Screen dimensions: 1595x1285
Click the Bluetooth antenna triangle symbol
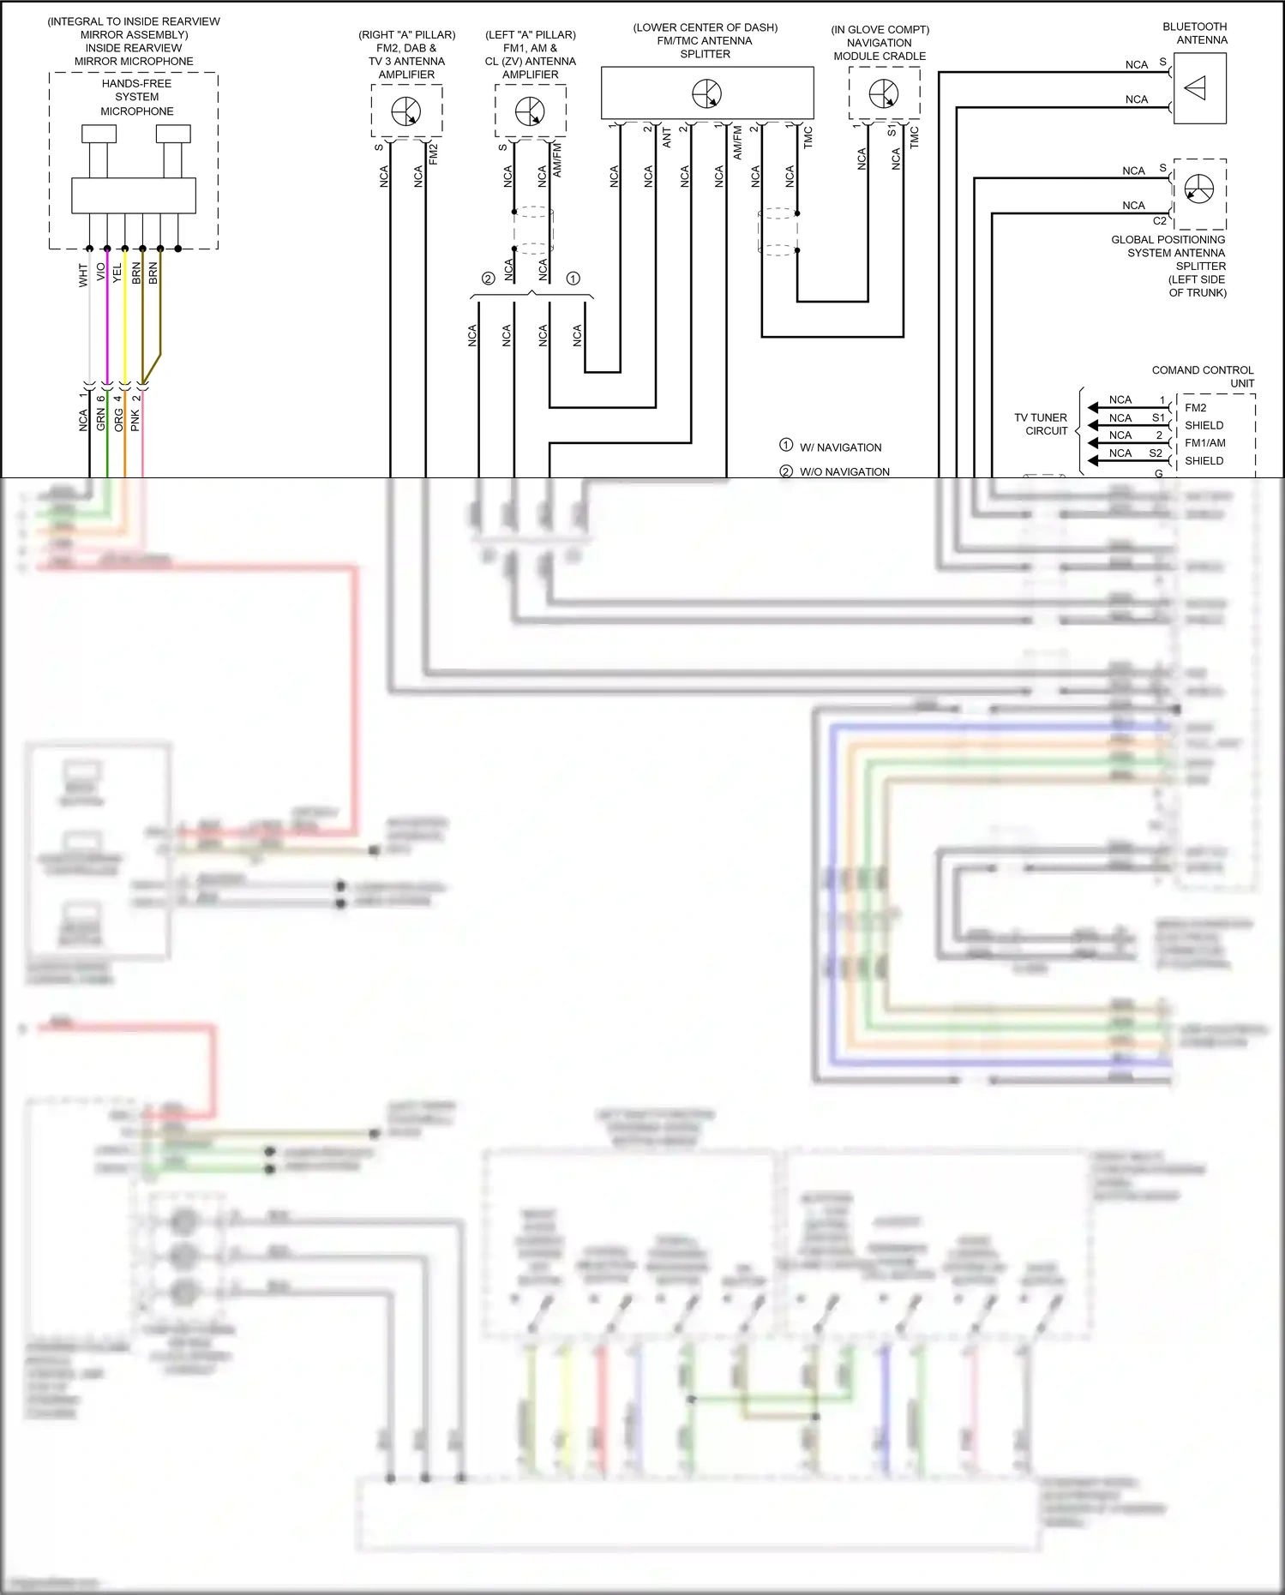[1196, 88]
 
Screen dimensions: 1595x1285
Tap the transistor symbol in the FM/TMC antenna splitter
[707, 93]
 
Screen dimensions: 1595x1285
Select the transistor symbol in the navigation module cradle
[884, 93]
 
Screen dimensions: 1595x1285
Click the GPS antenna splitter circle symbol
[1199, 189]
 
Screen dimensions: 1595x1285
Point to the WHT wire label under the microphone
[83, 275]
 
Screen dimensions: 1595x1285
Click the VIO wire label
[100, 273]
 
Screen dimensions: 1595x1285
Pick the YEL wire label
[117, 273]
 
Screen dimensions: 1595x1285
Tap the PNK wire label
[135, 420]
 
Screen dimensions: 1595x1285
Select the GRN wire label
[100, 420]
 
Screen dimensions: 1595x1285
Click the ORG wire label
[118, 420]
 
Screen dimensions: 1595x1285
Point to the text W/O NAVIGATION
[844, 471]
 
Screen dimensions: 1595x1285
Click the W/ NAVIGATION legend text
[840, 447]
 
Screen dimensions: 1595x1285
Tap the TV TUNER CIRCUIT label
[1041, 424]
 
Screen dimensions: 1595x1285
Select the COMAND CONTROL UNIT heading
[1203, 376]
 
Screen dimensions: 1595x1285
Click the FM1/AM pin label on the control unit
[1204, 443]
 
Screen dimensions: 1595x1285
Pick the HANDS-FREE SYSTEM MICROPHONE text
[136, 97]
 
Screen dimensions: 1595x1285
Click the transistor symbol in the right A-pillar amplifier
[406, 111]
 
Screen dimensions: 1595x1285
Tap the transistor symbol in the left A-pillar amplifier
[530, 111]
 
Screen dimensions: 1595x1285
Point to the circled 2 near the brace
[488, 279]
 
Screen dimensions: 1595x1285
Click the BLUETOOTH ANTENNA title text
[1195, 33]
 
